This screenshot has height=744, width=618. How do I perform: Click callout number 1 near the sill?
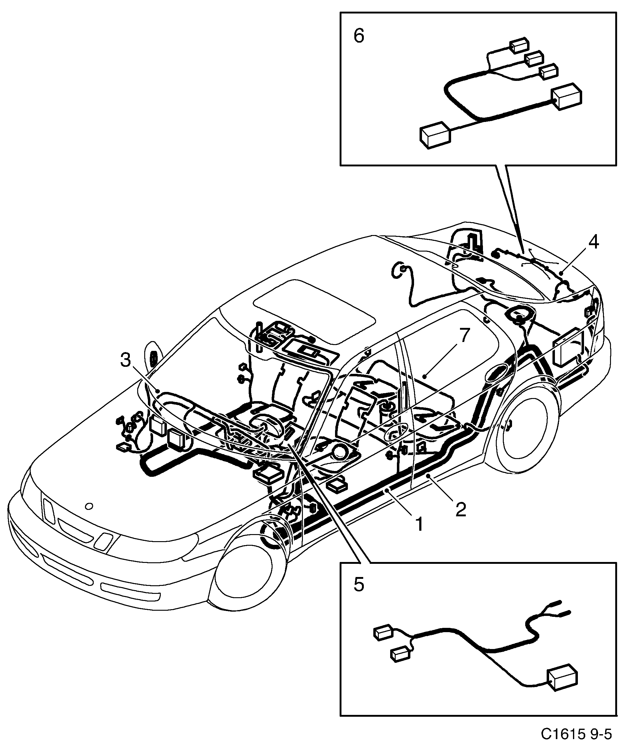(419, 524)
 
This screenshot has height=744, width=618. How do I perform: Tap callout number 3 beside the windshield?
(125, 360)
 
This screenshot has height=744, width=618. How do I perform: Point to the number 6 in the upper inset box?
(359, 36)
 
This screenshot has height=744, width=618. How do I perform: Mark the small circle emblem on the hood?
(89, 506)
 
